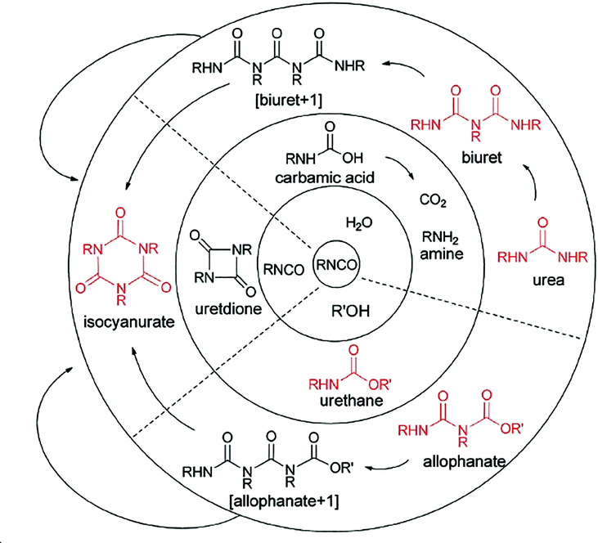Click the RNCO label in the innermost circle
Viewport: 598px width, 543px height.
pos(336,263)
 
